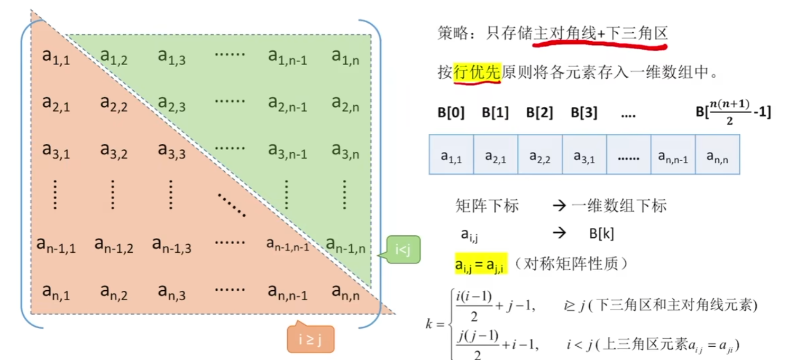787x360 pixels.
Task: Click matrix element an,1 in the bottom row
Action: (x=56, y=291)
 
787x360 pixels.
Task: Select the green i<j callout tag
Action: (x=403, y=250)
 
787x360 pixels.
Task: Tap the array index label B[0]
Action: (x=451, y=113)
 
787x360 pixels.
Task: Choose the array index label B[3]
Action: (x=584, y=113)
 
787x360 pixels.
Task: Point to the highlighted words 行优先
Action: (x=477, y=72)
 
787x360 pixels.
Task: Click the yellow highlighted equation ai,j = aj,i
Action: (x=481, y=263)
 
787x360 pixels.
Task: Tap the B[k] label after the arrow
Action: (x=601, y=234)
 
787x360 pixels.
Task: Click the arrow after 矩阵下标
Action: (x=559, y=206)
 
